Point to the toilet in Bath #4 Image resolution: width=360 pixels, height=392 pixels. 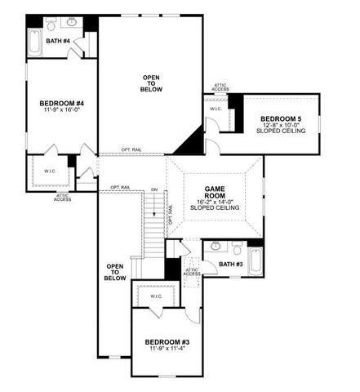pos(51,25)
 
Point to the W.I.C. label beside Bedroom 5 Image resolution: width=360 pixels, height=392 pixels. pos(216,108)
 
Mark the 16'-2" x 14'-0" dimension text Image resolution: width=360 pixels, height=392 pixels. pos(215,201)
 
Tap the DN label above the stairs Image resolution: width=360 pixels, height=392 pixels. pos(153,190)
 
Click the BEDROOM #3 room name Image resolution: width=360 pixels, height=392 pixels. pos(168,341)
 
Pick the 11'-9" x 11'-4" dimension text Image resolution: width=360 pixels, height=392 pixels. pos(168,350)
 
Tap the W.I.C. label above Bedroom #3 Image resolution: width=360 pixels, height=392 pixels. pos(156,296)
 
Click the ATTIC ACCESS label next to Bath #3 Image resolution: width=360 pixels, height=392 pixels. pos(191,272)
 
